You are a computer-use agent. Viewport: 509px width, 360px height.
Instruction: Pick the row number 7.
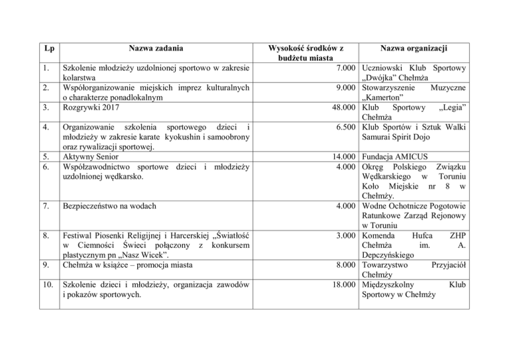(43, 207)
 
